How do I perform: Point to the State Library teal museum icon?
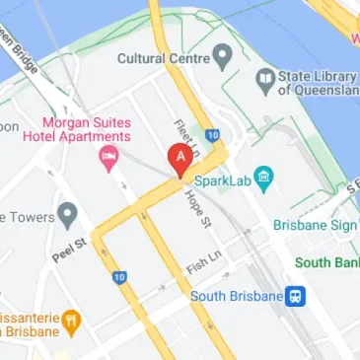pyautogui.click(x=263, y=77)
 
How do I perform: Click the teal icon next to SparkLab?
pyautogui.click(x=262, y=179)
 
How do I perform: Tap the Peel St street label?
pyautogui.click(x=71, y=249)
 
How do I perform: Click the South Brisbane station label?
pyautogui.click(x=234, y=296)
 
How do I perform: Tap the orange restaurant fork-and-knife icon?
pyautogui.click(x=70, y=321)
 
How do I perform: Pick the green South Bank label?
pyautogui.click(x=328, y=262)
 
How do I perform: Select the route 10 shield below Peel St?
pyautogui.click(x=119, y=277)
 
